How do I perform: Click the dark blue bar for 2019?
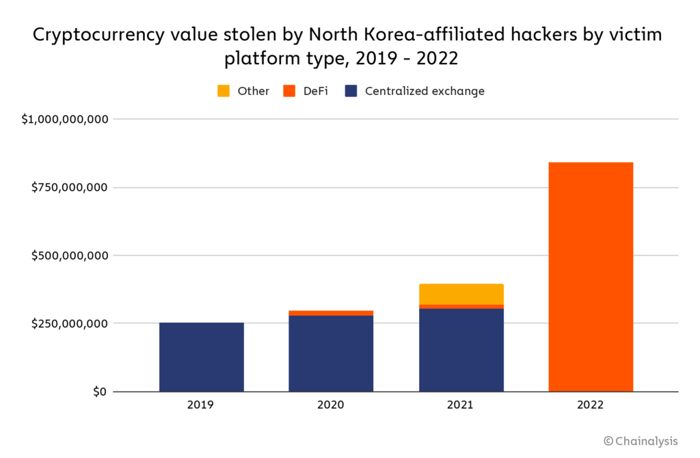click(x=201, y=357)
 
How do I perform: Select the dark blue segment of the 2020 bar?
click(x=331, y=353)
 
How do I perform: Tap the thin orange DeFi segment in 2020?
click(x=331, y=313)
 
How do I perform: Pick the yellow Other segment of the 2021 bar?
click(x=461, y=294)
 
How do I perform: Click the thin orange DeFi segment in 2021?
click(x=461, y=306)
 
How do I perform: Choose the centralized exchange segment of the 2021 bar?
click(x=461, y=350)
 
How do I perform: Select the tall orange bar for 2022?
click(x=591, y=277)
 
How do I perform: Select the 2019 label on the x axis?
click(x=201, y=405)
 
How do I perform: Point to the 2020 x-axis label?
click(x=331, y=405)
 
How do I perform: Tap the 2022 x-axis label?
click(x=591, y=405)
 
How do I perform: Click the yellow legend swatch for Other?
click(x=224, y=91)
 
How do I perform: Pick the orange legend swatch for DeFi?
click(x=289, y=91)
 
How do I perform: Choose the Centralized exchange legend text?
click(x=425, y=91)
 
